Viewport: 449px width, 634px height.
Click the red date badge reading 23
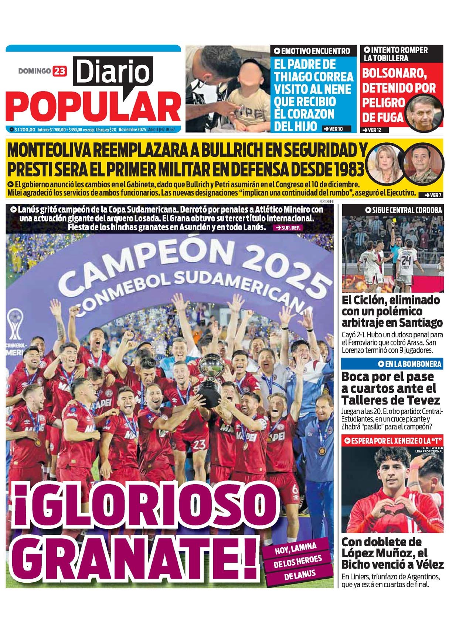click(59, 71)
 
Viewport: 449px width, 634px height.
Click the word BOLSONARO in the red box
click(394, 74)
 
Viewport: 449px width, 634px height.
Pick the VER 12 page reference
click(372, 130)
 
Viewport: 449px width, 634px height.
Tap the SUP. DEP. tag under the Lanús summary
click(288, 228)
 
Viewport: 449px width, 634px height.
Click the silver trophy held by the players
click(210, 380)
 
